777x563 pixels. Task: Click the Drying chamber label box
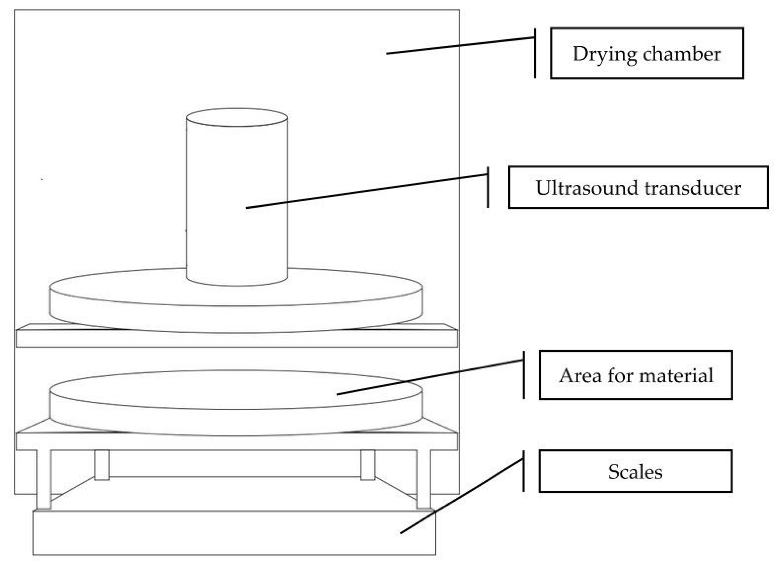point(647,53)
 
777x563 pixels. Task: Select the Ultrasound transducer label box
point(638,187)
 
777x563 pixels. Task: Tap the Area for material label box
point(635,375)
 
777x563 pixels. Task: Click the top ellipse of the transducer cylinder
point(237,117)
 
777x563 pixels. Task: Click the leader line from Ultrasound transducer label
point(367,191)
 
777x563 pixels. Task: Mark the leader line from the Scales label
point(462,496)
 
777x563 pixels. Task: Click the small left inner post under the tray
point(102,464)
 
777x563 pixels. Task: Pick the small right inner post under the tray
point(368,464)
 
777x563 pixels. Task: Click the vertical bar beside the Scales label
point(523,471)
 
